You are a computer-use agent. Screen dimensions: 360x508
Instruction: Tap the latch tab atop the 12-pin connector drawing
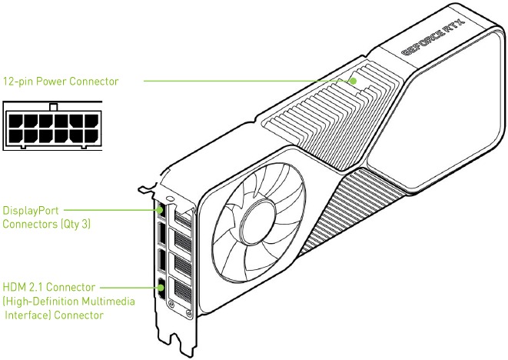pyautogui.click(x=51, y=106)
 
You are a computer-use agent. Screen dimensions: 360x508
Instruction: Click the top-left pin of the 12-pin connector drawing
pyautogui.click(x=15, y=121)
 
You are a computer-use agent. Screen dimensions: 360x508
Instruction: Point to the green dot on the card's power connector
pyautogui.click(x=354, y=80)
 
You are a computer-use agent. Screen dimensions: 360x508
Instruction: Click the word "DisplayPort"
pyautogui.click(x=31, y=209)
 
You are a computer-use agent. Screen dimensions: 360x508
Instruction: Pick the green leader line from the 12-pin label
pyautogui.click(x=246, y=80)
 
